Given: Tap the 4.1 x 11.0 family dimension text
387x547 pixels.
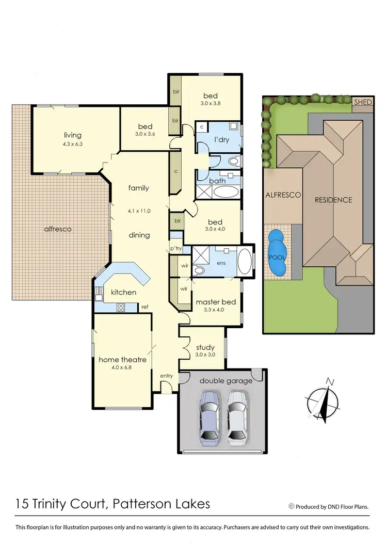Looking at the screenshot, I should (138, 211).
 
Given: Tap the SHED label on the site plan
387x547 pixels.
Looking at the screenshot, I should (363, 102).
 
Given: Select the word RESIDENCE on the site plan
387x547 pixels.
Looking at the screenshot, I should (334, 200).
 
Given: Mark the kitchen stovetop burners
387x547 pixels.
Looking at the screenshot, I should (121, 308).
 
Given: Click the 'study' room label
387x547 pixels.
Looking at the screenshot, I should (205, 347).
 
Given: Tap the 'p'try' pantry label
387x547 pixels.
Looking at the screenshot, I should (176, 249).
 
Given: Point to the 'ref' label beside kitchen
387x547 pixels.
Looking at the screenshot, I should (146, 306).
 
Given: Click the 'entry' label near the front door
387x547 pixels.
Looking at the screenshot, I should (166, 376).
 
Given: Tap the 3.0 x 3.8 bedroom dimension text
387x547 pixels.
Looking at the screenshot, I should (211, 103).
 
